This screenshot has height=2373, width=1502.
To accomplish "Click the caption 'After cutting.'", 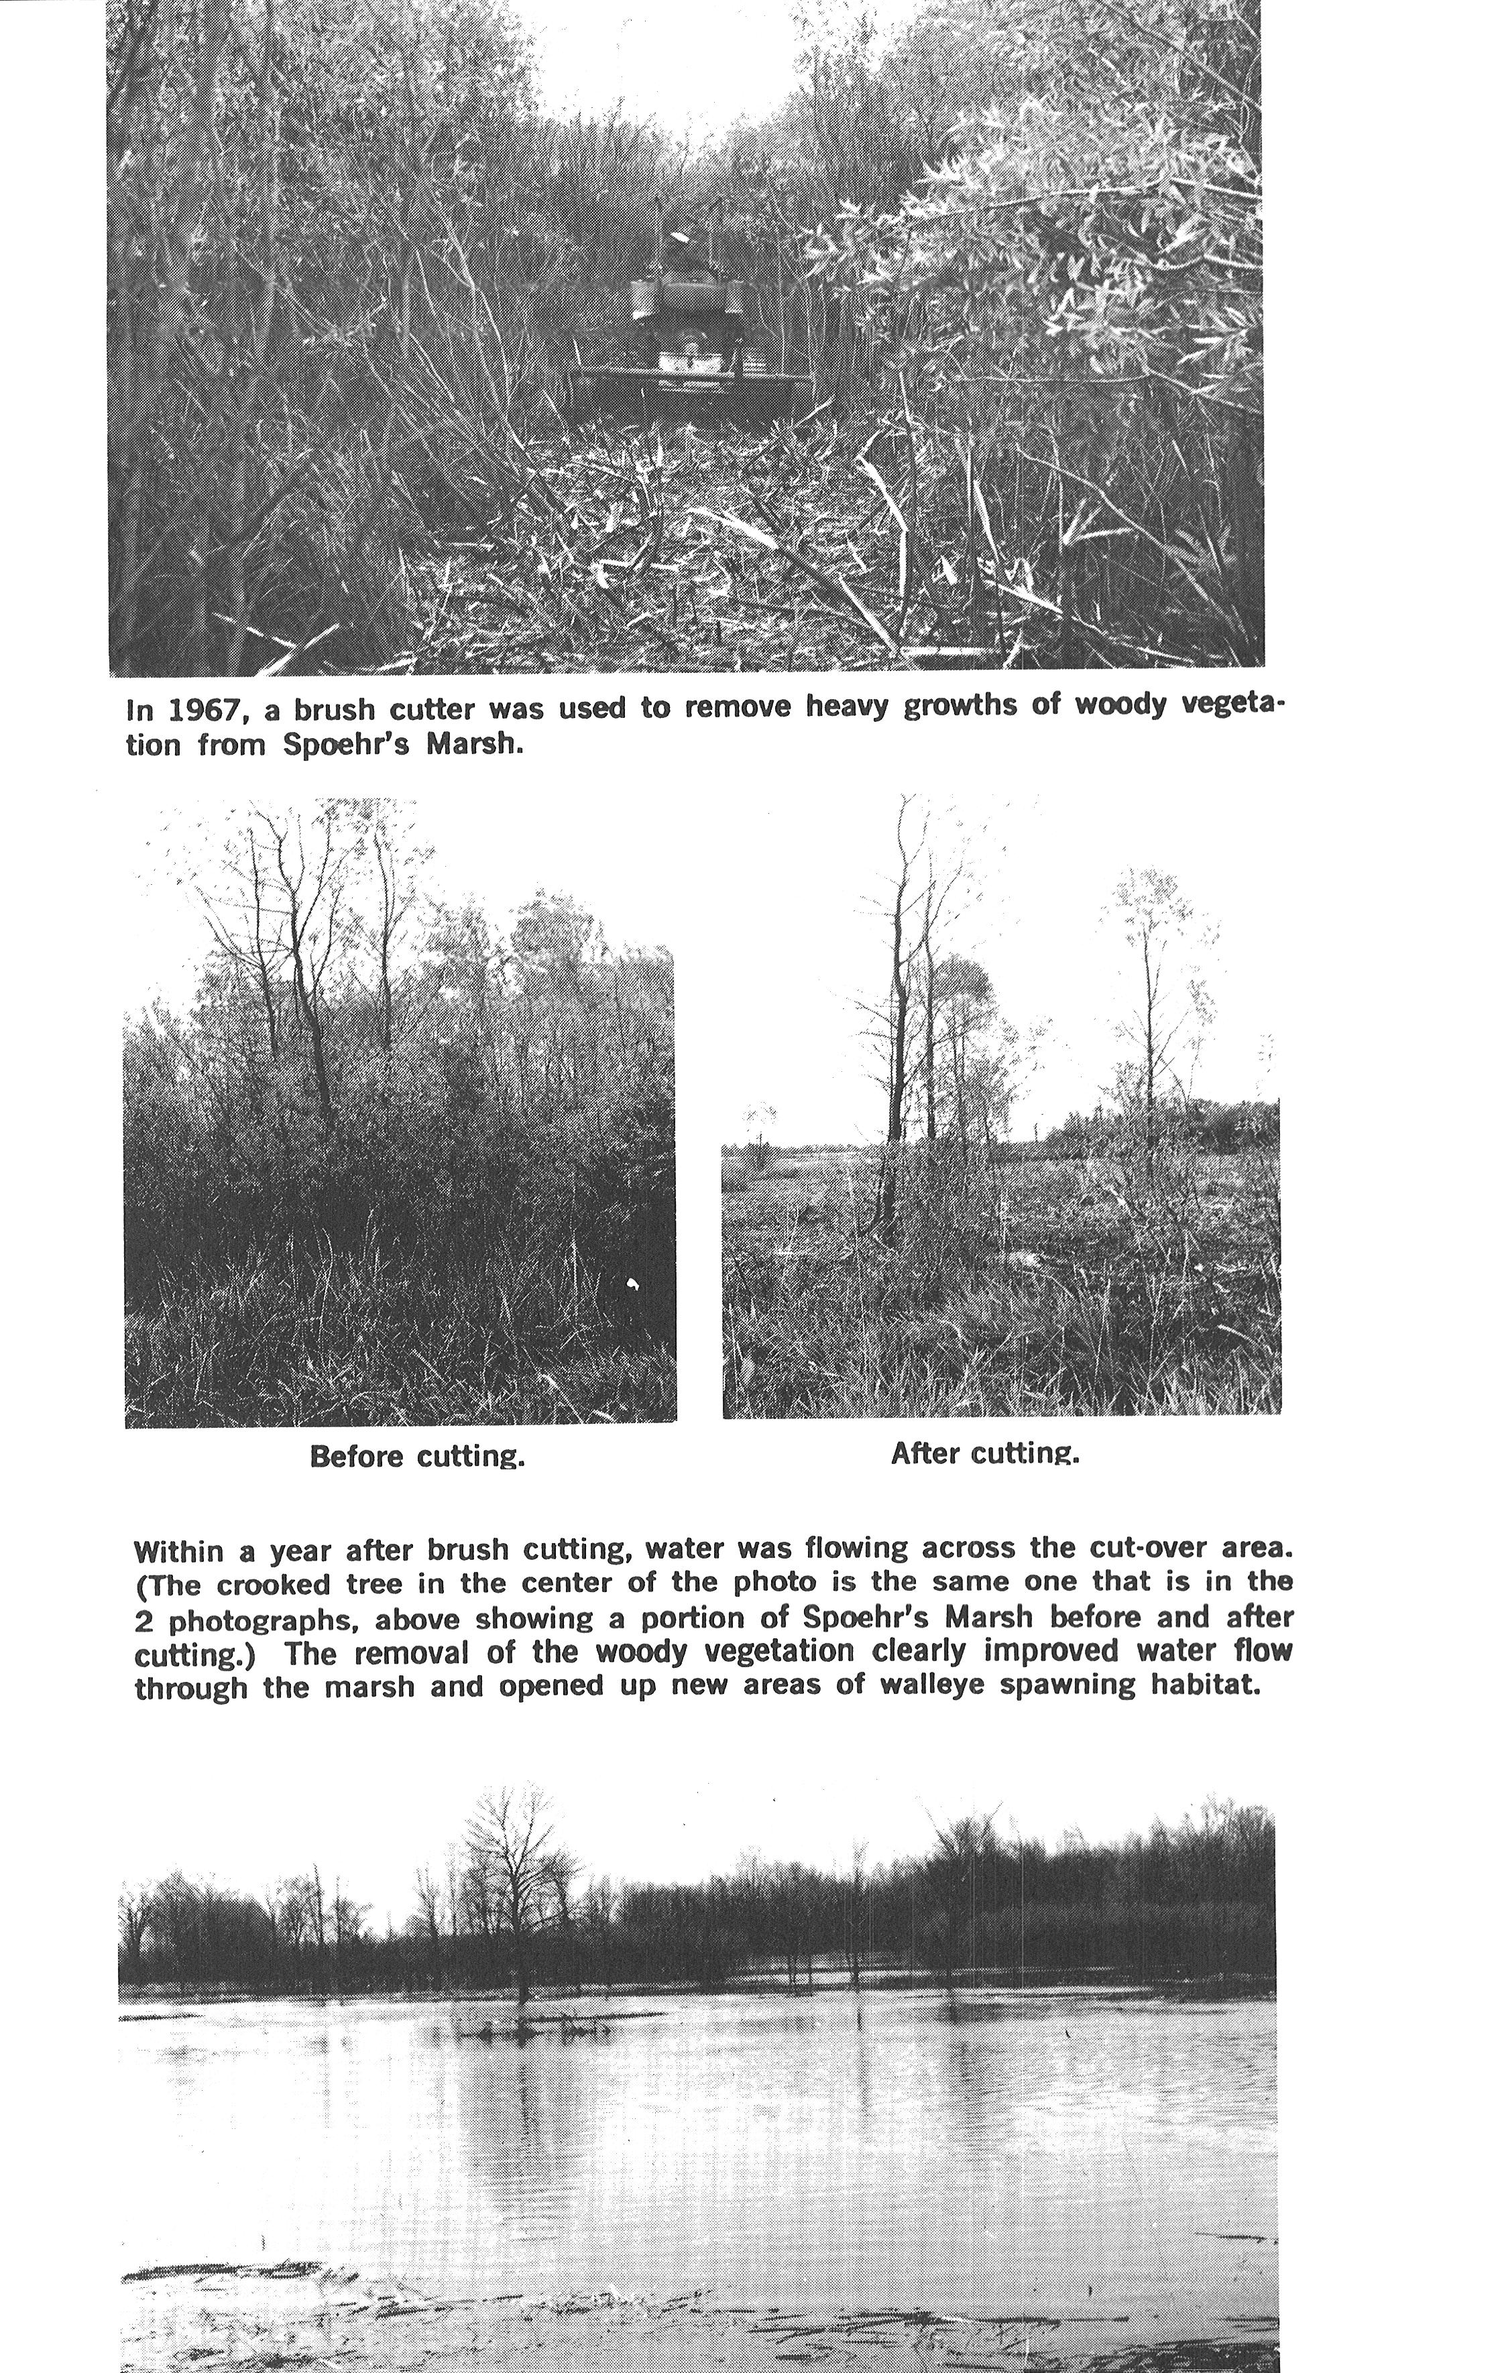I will coord(984,1453).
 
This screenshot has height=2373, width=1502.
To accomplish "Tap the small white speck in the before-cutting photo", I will coord(633,1283).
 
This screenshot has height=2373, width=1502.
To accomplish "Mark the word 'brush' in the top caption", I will coord(334,709).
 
